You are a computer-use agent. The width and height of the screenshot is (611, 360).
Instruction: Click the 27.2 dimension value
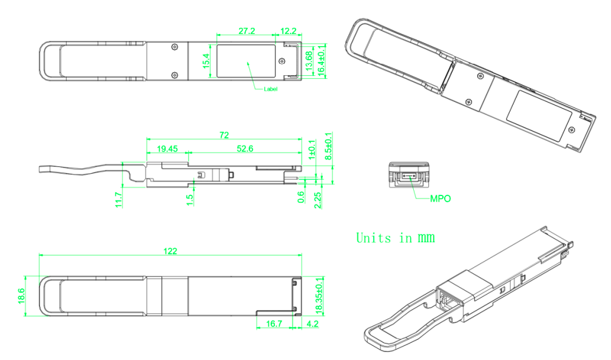click(x=247, y=31)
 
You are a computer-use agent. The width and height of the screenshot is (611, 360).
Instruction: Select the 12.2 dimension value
click(x=288, y=31)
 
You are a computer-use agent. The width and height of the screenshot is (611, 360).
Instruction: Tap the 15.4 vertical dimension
click(x=206, y=61)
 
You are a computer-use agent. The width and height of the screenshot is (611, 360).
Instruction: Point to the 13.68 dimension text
click(x=309, y=61)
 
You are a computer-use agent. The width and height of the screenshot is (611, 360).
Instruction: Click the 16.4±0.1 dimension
click(x=322, y=60)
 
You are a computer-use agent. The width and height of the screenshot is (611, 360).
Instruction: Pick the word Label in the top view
click(x=271, y=89)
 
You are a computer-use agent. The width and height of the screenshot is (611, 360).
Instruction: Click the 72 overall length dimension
click(x=224, y=135)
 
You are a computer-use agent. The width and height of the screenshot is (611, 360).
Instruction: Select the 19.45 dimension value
click(x=167, y=149)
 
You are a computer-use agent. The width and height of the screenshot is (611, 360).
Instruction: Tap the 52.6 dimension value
click(x=245, y=149)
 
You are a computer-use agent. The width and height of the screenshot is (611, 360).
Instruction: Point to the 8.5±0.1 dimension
click(x=328, y=146)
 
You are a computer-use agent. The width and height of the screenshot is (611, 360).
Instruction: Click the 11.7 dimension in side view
click(x=119, y=200)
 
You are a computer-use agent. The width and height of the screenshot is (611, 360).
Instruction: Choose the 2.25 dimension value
click(x=317, y=200)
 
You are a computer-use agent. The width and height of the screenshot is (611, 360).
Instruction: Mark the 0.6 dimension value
click(x=301, y=197)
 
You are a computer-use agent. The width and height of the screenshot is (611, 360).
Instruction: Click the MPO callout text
click(x=441, y=199)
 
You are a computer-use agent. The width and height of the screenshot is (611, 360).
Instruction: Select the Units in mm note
click(x=396, y=237)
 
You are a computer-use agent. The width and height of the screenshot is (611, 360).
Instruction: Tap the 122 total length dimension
click(x=170, y=251)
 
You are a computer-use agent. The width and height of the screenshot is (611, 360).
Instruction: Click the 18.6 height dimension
click(x=21, y=296)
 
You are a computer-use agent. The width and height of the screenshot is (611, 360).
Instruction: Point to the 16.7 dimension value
click(x=274, y=324)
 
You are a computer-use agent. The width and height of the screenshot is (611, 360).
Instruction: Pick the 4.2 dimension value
click(x=312, y=324)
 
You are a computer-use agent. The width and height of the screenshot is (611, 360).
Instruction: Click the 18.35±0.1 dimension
click(x=320, y=296)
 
